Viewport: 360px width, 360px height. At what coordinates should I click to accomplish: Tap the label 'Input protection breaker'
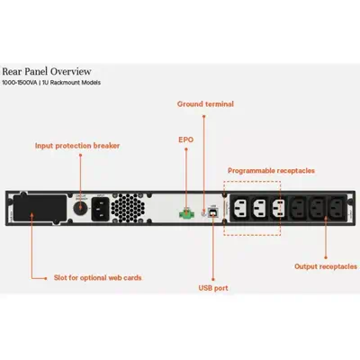76,144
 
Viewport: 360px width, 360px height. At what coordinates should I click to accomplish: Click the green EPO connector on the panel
185,214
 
